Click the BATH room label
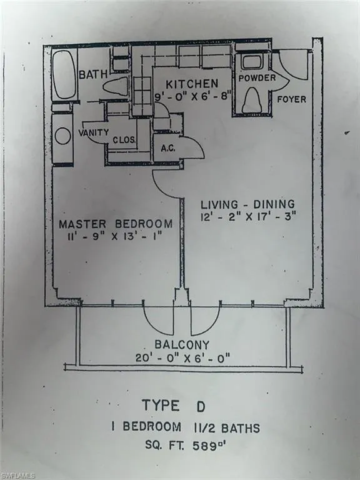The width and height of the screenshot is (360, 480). (93, 74)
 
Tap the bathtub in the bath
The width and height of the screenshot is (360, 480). (64, 74)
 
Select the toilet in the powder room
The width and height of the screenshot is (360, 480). (251, 100)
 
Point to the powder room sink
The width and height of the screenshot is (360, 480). (251, 62)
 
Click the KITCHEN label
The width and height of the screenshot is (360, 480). (192, 84)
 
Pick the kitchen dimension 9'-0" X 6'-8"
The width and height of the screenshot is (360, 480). (192, 97)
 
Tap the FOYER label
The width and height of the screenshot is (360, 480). (291, 99)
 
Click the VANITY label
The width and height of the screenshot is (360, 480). (93, 132)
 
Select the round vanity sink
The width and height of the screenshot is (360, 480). (63, 136)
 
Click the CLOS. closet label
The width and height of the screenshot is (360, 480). (124, 140)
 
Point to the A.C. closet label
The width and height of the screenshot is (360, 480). (168, 149)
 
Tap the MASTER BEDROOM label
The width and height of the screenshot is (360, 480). (116, 224)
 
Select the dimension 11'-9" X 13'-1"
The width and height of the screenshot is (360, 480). (114, 237)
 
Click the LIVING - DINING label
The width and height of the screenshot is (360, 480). (247, 204)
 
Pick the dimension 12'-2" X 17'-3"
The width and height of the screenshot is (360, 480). (248, 217)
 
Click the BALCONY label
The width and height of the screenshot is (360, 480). (182, 345)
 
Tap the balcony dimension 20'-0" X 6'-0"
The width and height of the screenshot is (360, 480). (182, 357)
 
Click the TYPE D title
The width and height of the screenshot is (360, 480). (174, 406)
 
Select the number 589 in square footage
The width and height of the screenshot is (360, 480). (204, 446)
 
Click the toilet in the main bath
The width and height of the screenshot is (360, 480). (116, 86)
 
